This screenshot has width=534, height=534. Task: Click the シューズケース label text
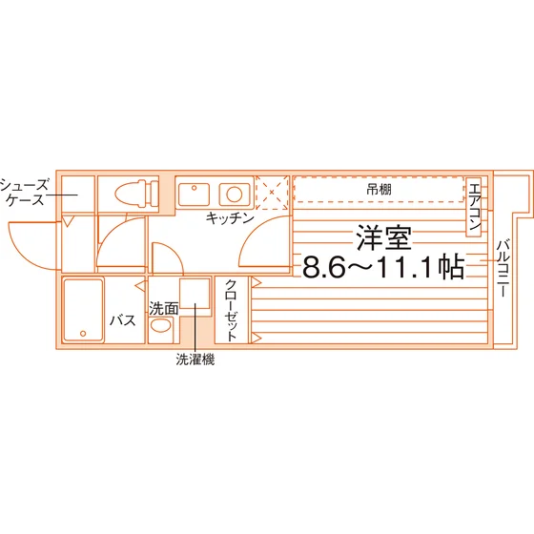[24, 193]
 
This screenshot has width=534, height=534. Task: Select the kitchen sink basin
[194, 195]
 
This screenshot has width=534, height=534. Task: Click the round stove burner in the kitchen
[235, 195]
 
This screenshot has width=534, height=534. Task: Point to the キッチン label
[230, 217]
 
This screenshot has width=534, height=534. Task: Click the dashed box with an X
[272, 193]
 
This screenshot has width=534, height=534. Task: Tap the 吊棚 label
[379, 190]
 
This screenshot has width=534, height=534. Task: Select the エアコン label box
[474, 207]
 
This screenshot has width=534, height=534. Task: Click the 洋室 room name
[384, 237]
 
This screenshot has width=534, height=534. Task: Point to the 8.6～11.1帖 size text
[383, 267]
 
